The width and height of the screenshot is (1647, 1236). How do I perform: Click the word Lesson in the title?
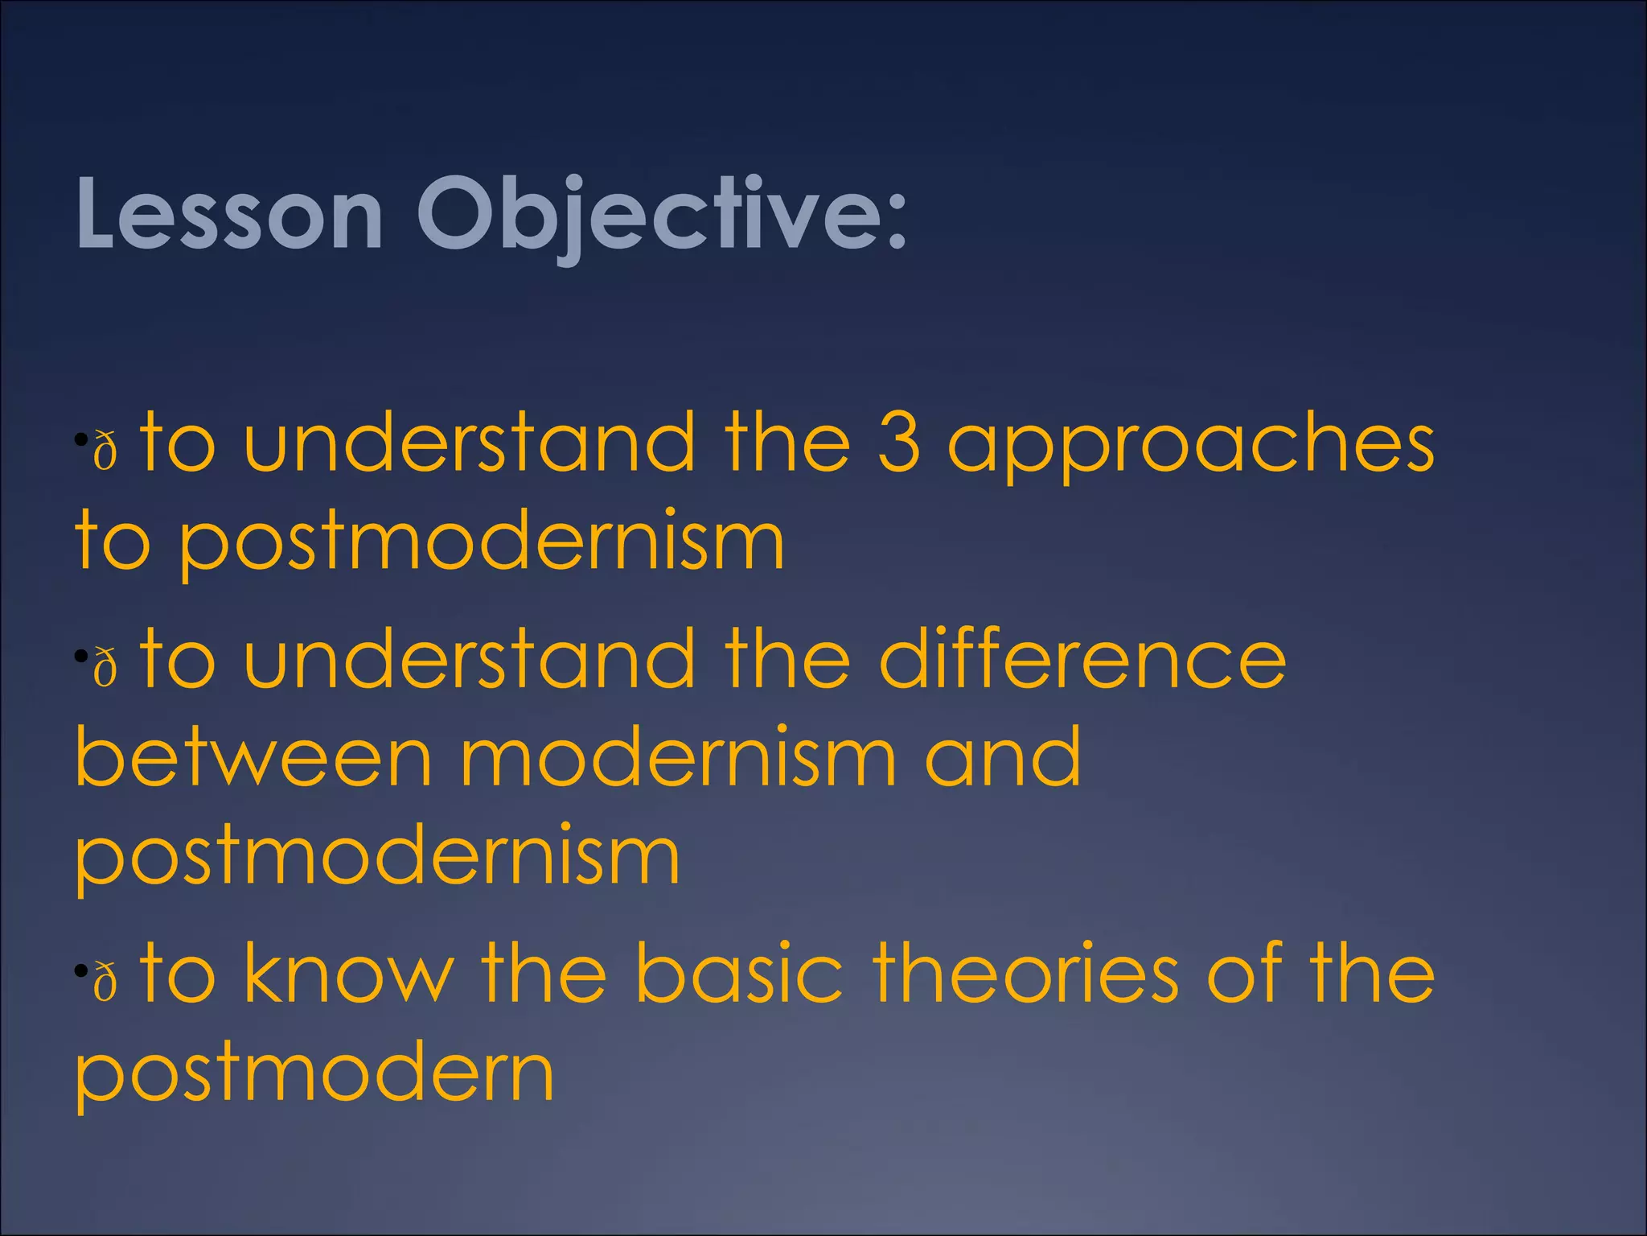tap(228, 214)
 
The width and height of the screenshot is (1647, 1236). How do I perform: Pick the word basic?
tap(738, 973)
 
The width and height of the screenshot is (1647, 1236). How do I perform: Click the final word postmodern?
tap(314, 1074)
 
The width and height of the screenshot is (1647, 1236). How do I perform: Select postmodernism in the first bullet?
tap(480, 543)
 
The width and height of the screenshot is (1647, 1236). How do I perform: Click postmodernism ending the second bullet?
tap(377, 858)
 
